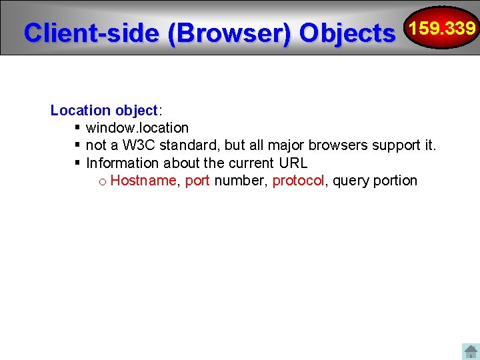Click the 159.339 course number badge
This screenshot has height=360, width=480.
point(442,28)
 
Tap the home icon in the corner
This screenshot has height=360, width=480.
point(470,351)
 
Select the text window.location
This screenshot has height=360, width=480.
point(137,127)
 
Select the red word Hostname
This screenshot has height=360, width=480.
point(143,180)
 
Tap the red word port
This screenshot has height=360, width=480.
point(197,181)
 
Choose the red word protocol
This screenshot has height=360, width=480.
point(298,181)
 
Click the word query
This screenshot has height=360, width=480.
point(351,181)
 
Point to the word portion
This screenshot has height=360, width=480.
point(396,181)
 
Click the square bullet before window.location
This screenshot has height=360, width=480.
point(77,127)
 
